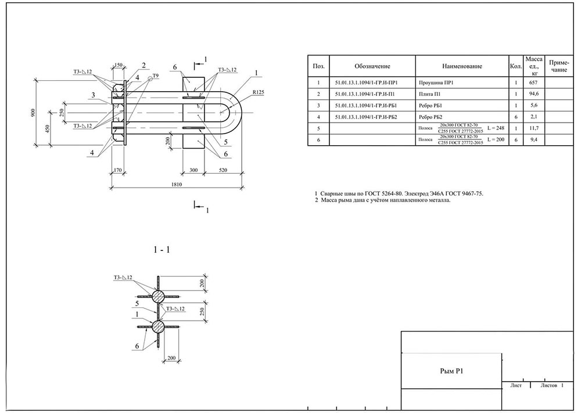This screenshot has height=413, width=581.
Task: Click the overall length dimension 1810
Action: [x=177, y=185]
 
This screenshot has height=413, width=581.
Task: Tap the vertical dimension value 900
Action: [x=34, y=112]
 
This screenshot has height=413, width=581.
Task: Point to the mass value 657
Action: [x=534, y=83]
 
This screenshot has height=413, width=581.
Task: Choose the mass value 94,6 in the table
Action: [x=534, y=94]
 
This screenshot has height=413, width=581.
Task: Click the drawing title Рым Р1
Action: [x=451, y=370]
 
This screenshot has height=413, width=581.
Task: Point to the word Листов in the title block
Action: [x=548, y=385]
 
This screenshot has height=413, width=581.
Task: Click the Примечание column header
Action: [x=558, y=66]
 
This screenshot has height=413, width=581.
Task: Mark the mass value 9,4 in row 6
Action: [x=534, y=139]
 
